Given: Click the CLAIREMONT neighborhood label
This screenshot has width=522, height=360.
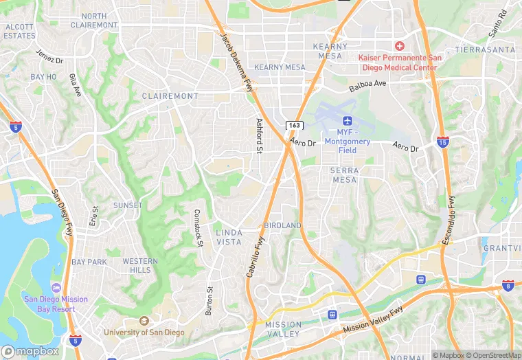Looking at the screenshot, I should pos(170,96).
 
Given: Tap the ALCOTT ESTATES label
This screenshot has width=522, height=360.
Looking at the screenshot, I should pos(19,31).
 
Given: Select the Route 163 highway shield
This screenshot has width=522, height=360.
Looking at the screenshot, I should pos(294,125).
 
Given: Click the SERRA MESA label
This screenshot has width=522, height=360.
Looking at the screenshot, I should pos(343,175).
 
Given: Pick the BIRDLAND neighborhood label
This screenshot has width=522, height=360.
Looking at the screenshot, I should pos(282,225).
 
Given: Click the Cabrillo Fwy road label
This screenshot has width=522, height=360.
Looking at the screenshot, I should pos(255,257).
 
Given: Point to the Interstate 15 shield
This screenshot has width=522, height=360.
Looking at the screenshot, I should pos(443,142).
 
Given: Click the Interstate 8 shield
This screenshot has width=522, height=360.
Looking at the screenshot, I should pos(508,284).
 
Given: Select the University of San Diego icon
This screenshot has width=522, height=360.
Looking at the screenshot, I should pos(144,321).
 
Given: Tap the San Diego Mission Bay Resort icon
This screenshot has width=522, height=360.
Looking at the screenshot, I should pos(56,287).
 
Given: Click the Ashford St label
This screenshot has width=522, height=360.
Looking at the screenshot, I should pos(260,135).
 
